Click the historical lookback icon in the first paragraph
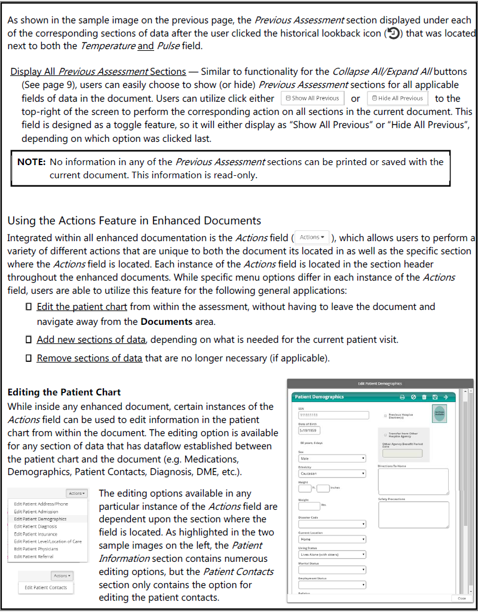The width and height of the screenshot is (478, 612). pyautogui.click(x=393, y=34)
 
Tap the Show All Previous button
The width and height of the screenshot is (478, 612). pyautogui.click(x=312, y=98)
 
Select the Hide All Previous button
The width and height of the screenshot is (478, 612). pyautogui.click(x=397, y=98)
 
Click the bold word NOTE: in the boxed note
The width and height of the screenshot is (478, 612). pyautogui.click(x=32, y=162)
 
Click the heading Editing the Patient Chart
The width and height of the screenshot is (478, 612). pyautogui.click(x=64, y=392)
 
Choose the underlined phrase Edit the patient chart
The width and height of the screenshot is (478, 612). pyautogui.click(x=82, y=306)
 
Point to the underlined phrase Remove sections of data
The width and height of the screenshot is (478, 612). pyautogui.click(x=90, y=358)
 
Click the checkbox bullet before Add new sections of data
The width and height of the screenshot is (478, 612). pyautogui.click(x=28, y=340)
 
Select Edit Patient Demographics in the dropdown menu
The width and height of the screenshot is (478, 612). pyautogui.click(x=41, y=519)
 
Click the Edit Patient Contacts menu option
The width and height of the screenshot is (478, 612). pyautogui.click(x=45, y=587)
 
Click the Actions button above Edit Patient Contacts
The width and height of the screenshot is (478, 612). pyautogui.click(x=62, y=576)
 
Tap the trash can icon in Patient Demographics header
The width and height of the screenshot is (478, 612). pyautogui.click(x=424, y=397)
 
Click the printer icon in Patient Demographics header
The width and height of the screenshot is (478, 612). pyautogui.click(x=402, y=397)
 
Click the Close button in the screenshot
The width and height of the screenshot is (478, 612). pyautogui.click(x=462, y=598)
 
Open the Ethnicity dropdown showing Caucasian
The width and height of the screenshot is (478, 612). pyautogui.click(x=332, y=473)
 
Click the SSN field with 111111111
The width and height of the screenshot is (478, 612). pyautogui.click(x=332, y=415)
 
